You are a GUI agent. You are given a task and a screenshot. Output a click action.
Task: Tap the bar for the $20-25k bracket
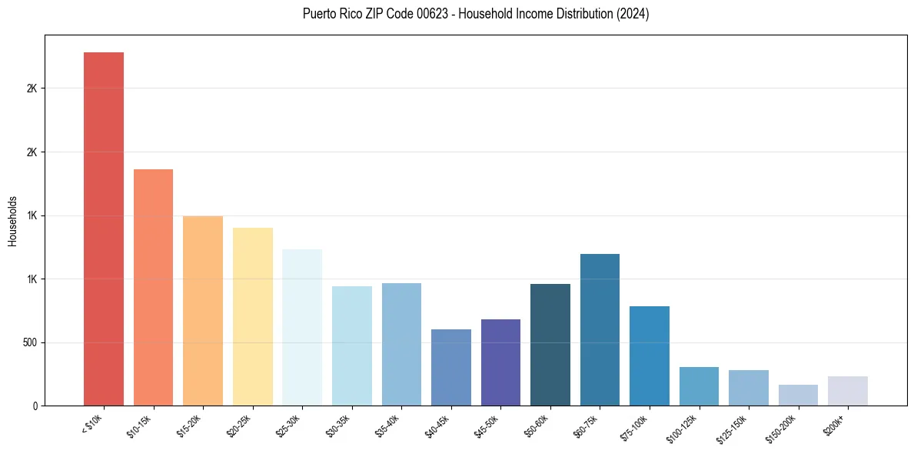(x=252, y=316)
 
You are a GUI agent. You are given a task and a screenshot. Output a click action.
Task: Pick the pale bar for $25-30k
(x=302, y=327)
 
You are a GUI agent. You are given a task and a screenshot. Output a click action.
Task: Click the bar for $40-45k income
(x=450, y=367)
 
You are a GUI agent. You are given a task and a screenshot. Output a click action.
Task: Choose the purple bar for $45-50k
(x=500, y=362)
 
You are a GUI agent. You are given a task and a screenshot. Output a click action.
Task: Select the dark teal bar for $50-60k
(x=550, y=345)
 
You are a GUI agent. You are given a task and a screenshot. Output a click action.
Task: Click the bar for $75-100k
(x=650, y=356)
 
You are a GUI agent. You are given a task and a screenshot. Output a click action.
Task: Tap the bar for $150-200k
(x=798, y=395)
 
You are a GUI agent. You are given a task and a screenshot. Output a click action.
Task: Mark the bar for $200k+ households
(x=848, y=391)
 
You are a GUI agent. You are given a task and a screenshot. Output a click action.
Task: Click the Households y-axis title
(x=12, y=221)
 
